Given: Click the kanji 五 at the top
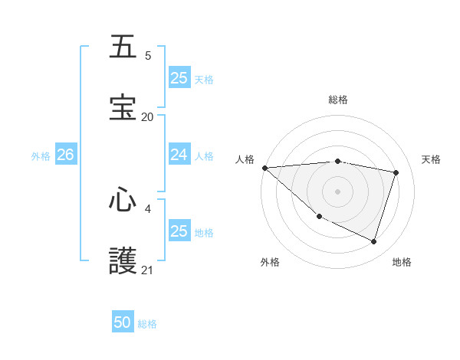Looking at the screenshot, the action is (x=123, y=47).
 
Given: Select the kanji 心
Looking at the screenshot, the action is (x=123, y=200).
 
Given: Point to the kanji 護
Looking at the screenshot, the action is (x=123, y=261).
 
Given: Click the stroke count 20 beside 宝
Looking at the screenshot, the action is (x=147, y=116).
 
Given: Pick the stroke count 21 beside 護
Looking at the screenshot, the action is (x=147, y=270).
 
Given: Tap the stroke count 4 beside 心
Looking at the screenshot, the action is (x=147, y=208).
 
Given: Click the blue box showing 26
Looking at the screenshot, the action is (x=65, y=155).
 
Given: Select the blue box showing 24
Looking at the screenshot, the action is (x=179, y=155).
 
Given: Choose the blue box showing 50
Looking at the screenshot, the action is (x=123, y=322).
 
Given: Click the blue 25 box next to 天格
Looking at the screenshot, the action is (x=179, y=78).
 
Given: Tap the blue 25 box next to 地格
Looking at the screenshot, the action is (x=179, y=231).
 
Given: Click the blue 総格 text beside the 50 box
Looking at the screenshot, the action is (x=147, y=324).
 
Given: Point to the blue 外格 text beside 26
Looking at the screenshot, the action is (x=41, y=156).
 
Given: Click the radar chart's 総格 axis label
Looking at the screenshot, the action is (x=337, y=100).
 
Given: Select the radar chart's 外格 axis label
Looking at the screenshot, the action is (x=270, y=262).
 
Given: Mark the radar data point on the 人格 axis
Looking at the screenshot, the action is (x=264, y=168).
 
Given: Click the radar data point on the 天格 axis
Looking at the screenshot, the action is (x=396, y=172).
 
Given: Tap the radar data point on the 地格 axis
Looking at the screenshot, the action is (x=373, y=241).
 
